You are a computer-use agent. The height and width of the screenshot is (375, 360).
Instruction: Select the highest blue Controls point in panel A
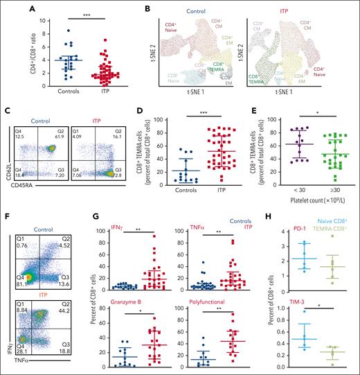pos(49,30)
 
